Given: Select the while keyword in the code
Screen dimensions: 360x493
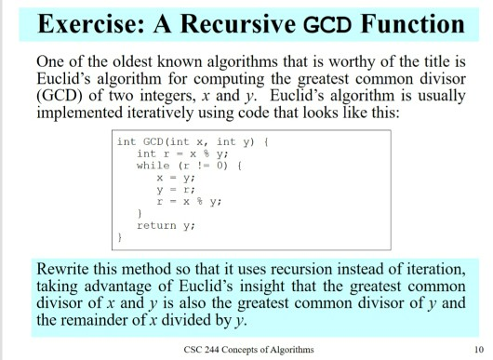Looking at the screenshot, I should pyautogui.click(x=153, y=165).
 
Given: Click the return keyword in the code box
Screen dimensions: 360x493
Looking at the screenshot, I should pyautogui.click(x=155, y=225).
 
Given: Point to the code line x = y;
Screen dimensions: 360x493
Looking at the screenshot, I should pyautogui.click(x=173, y=177).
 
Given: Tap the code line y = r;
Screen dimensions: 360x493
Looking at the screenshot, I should pyautogui.click(x=173, y=189).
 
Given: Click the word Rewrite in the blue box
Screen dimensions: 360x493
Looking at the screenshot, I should pyautogui.click(x=65, y=271).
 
